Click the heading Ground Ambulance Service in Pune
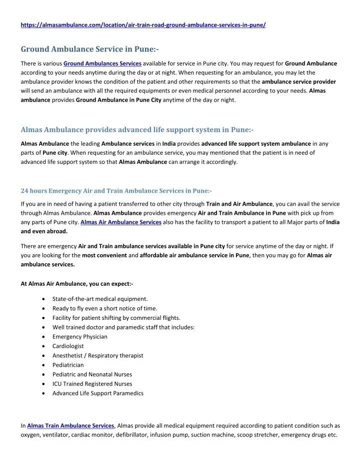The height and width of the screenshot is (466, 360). pos(89,49)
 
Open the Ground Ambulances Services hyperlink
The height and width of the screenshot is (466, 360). pos(102,64)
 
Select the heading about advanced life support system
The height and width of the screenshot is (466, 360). pos(137,130)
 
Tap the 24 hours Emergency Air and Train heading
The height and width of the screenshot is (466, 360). pos(116,191)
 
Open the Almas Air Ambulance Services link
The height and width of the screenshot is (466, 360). pos(120,222)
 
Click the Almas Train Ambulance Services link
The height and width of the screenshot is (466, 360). pos(70,425)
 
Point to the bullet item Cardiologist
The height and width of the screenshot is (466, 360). pos(68,346)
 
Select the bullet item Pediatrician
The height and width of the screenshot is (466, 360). pos(68,365)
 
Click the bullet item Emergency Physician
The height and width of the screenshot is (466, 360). pos(80,336)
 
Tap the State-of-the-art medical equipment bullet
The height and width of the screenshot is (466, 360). pos(100,299)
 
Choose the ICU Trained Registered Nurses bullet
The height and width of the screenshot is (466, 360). pos(92,384)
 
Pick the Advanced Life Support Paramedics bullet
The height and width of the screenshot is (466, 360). pos(98,393)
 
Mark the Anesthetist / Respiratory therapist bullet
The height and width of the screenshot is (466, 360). pos(98,355)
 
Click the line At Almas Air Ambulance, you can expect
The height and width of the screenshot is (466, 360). pos(76,284)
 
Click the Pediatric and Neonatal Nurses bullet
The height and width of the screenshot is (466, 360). pos(92,374)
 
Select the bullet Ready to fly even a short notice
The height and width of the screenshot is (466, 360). pos(104,308)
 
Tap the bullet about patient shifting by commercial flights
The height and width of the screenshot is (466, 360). pos(116,318)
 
